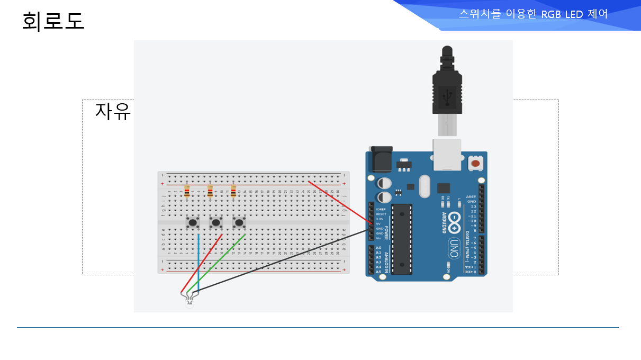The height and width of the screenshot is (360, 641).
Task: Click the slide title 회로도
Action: (53, 22)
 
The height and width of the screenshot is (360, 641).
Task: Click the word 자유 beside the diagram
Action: (113, 112)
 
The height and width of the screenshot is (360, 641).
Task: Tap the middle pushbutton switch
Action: (216, 222)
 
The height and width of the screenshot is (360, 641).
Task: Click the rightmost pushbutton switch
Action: (239, 222)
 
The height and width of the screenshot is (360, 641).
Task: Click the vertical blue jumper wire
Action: (198, 259)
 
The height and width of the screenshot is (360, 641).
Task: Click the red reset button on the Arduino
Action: (475, 164)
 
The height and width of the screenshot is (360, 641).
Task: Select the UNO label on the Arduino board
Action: (454, 248)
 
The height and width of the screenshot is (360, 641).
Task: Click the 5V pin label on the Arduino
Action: (378, 223)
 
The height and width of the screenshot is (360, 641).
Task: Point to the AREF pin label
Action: (471, 196)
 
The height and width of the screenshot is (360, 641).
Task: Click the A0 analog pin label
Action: (378, 248)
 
